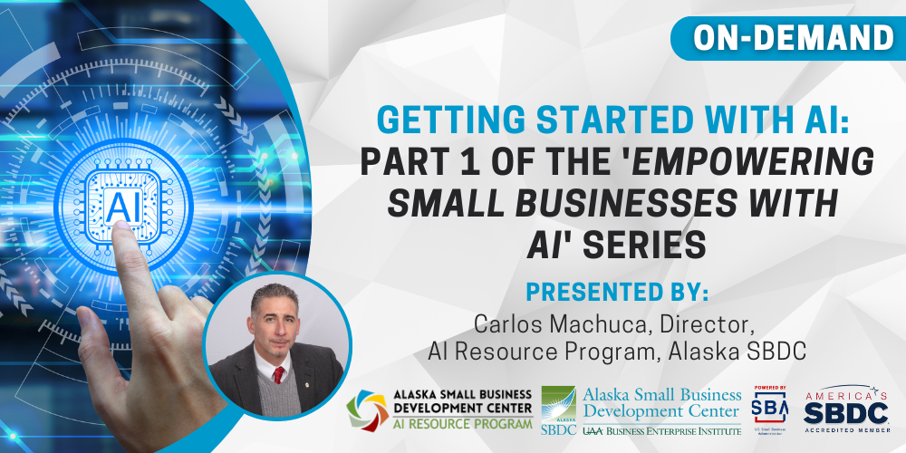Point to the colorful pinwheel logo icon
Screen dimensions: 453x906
coord(369,410)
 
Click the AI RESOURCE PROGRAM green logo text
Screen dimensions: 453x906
coord(460,424)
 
